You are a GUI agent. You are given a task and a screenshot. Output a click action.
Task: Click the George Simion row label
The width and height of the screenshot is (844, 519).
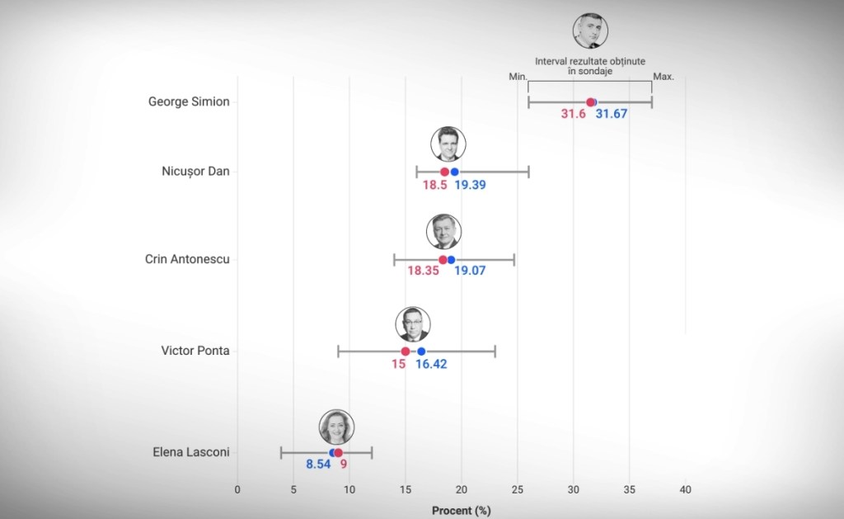(189, 102)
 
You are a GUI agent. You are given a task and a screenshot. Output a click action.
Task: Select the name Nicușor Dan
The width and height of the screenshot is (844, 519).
(195, 172)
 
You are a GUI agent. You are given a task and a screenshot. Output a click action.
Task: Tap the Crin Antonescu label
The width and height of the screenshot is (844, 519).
(187, 259)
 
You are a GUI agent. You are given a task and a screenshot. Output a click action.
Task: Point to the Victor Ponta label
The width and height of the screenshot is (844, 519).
(195, 351)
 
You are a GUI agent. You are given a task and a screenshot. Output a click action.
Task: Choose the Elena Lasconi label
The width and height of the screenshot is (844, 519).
(191, 452)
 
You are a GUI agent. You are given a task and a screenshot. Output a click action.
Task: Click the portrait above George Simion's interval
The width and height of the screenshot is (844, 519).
(590, 31)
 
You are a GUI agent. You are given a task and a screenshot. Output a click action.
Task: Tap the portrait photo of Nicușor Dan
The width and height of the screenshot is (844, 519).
(448, 144)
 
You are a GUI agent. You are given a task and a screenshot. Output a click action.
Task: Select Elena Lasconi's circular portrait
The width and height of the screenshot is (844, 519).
(337, 427)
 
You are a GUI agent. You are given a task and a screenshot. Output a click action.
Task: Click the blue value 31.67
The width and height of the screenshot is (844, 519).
(612, 114)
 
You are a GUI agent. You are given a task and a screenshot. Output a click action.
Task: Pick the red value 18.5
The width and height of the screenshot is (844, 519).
(435, 185)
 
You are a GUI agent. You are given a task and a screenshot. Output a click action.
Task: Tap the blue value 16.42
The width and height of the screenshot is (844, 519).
(431, 364)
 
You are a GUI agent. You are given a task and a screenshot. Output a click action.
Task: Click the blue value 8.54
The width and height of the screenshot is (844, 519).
(318, 465)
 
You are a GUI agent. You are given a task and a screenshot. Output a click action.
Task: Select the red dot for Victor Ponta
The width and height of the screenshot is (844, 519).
(406, 352)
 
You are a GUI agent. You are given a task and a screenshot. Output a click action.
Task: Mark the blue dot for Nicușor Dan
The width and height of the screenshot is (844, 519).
(454, 172)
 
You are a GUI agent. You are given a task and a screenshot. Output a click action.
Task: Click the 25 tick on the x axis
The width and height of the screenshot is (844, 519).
(518, 490)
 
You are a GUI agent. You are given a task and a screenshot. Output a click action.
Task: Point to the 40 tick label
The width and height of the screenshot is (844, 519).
(685, 490)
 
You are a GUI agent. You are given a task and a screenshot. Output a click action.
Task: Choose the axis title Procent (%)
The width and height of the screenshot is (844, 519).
(461, 511)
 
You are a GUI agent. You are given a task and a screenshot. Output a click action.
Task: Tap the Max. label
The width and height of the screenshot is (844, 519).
(663, 77)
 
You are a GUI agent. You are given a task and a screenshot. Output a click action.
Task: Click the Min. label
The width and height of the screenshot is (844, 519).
(517, 76)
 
